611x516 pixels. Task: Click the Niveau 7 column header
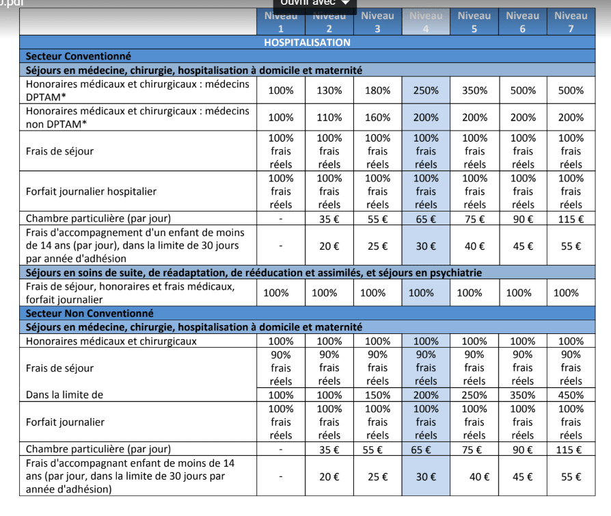coord(571,22)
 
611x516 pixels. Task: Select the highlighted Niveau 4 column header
coord(426,22)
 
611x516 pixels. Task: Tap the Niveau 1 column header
coord(280,22)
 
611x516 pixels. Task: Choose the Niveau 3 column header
coord(377,22)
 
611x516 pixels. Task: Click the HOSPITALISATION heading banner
coord(307,42)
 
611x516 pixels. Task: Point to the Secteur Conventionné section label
coord(79,56)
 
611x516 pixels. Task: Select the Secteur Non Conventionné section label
coord(90,313)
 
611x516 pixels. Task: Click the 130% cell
coord(329,90)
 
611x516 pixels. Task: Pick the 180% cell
coord(377,90)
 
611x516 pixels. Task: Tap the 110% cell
coord(329,117)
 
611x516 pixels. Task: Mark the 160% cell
coord(377,117)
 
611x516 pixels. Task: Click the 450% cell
coord(571,395)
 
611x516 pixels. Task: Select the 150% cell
coord(377,395)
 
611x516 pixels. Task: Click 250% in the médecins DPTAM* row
coord(426,90)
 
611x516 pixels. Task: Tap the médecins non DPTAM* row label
coord(137,117)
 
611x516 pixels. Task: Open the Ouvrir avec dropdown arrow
coord(345,3)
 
